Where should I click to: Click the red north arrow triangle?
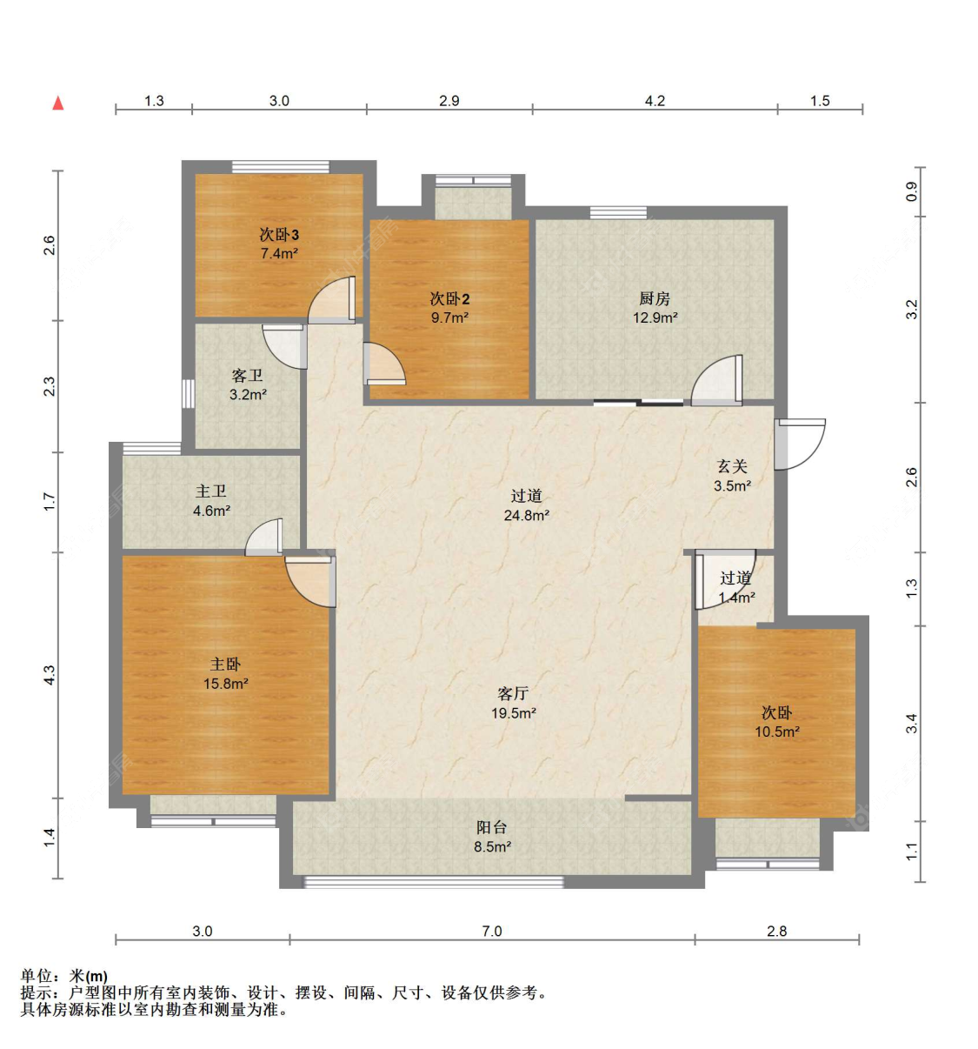pos(58,103)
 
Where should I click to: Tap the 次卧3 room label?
pos(279,235)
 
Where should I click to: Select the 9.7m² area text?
pos(449,317)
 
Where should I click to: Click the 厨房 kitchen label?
pos(655,299)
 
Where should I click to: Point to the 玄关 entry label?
pos(732,466)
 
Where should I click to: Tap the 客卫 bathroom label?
pos(247,376)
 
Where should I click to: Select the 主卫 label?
pos(210,491)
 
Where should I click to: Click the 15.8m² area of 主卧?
pos(226,684)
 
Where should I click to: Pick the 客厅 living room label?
pos(513,693)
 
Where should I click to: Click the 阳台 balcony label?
pos(492,826)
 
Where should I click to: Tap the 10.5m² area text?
pos(777,732)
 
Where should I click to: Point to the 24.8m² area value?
pos(527,515)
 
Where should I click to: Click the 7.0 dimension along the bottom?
pos(492,931)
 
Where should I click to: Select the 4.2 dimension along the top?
pos(655,100)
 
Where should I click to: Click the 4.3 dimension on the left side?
pos(49,675)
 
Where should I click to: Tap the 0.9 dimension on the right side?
pos(911,191)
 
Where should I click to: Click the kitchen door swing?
pos(716,380)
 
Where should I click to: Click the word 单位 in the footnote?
pos(37,976)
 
